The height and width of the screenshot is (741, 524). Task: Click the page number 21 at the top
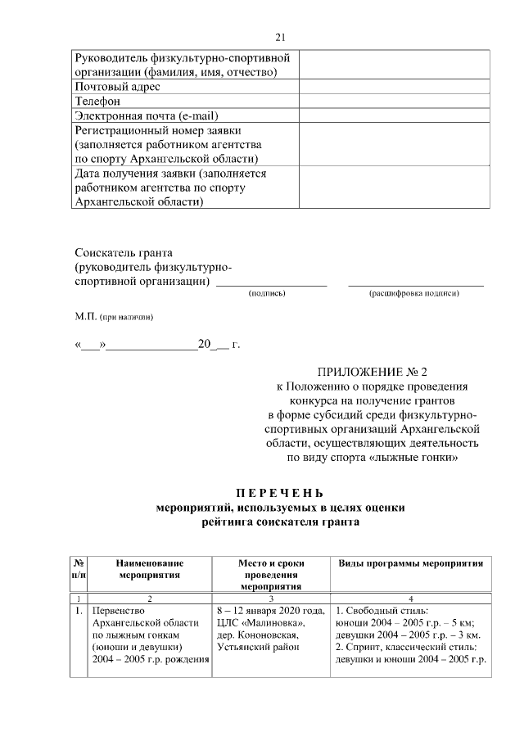(x=280, y=37)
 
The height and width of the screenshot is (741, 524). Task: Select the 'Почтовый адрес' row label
(x=117, y=87)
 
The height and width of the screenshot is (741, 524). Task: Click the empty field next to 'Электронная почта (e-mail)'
(x=395, y=115)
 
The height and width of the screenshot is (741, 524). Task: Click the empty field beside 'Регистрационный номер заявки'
(x=395, y=144)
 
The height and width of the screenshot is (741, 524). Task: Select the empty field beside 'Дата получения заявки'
(x=395, y=188)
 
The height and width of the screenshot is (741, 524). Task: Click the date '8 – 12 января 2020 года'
(x=270, y=611)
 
